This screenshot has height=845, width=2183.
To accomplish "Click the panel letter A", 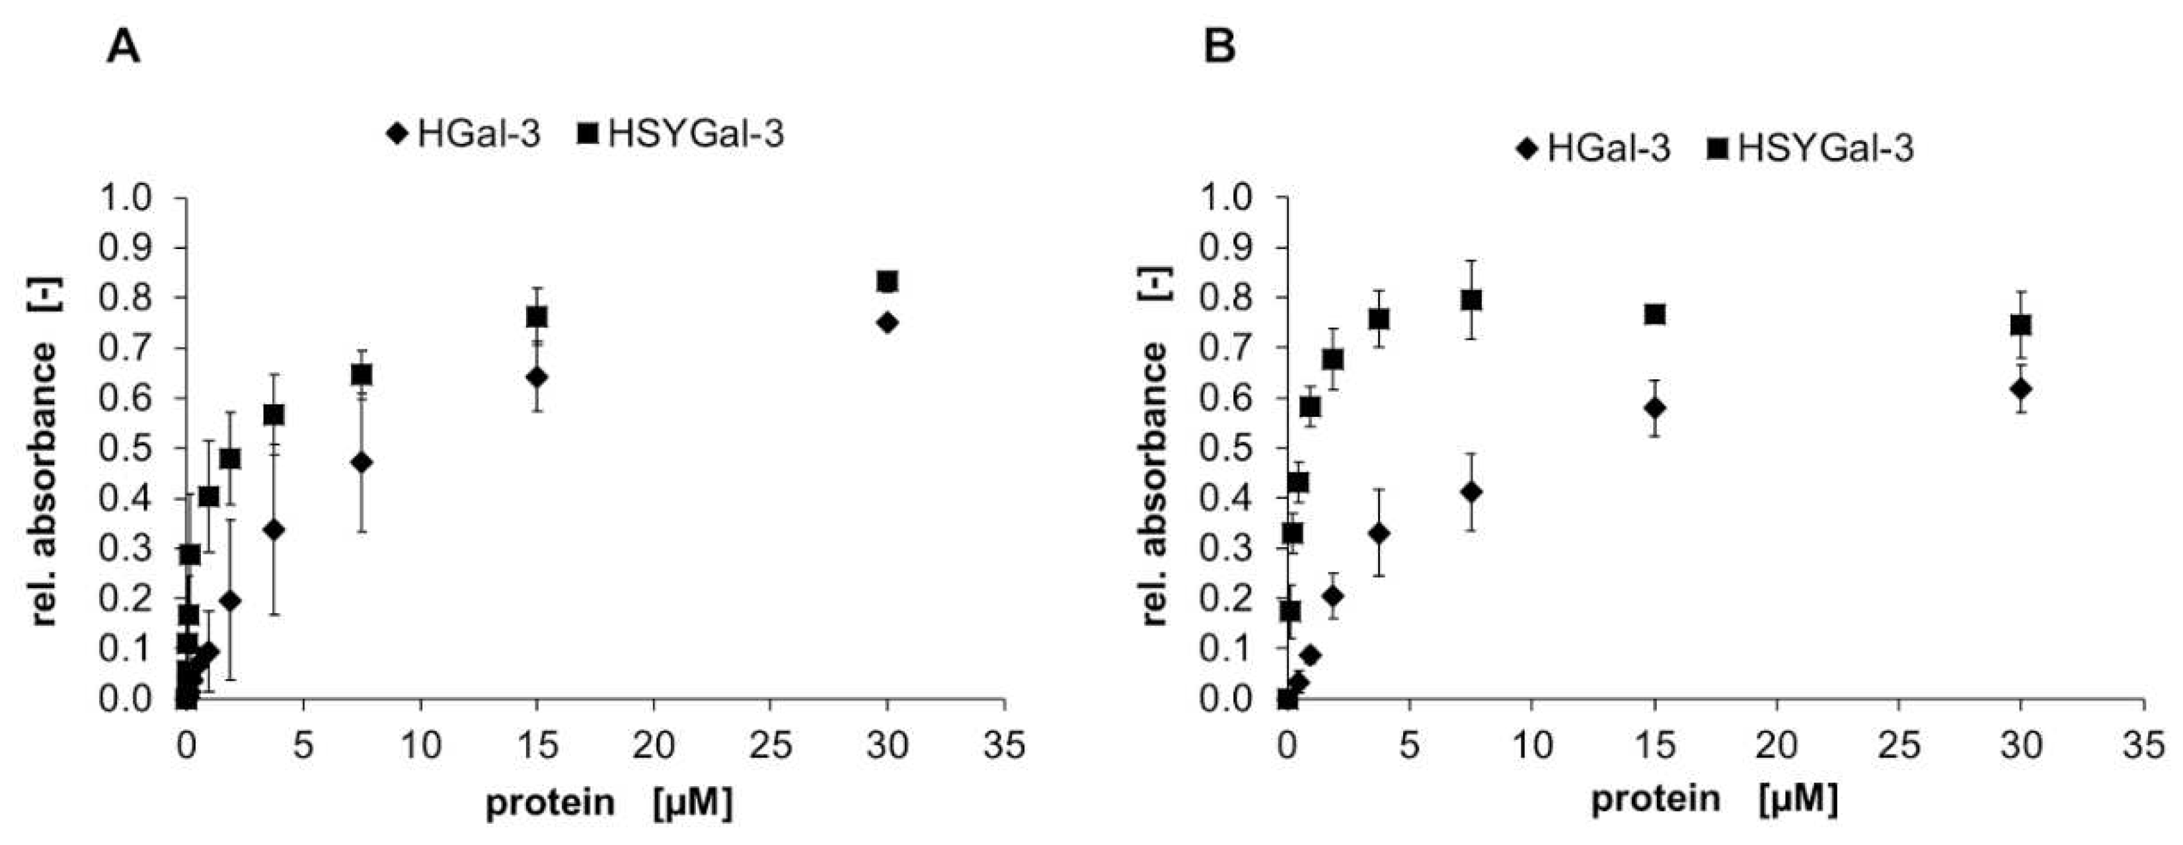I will pyautogui.click(x=124, y=48).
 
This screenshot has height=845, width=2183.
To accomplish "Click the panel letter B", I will pyautogui.click(x=1219, y=48).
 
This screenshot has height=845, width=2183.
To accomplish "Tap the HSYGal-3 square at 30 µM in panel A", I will pyautogui.click(x=887, y=281).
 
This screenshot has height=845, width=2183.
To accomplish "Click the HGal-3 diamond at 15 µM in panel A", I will pyautogui.click(x=537, y=377).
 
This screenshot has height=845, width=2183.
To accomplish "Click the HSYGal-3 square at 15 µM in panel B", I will pyautogui.click(x=1654, y=314).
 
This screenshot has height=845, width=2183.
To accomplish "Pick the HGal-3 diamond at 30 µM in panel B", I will pyautogui.click(x=2021, y=389).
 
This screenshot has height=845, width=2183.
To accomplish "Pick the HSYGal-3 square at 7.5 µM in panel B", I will pyautogui.click(x=1471, y=300).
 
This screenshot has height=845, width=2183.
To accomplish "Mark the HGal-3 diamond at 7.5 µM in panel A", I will pyautogui.click(x=362, y=462).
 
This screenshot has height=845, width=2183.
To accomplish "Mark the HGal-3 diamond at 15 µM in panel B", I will pyautogui.click(x=1654, y=408).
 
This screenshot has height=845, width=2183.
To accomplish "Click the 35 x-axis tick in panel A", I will pyautogui.click(x=1004, y=746).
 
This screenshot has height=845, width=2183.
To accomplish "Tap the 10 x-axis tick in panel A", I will pyautogui.click(x=420, y=746).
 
